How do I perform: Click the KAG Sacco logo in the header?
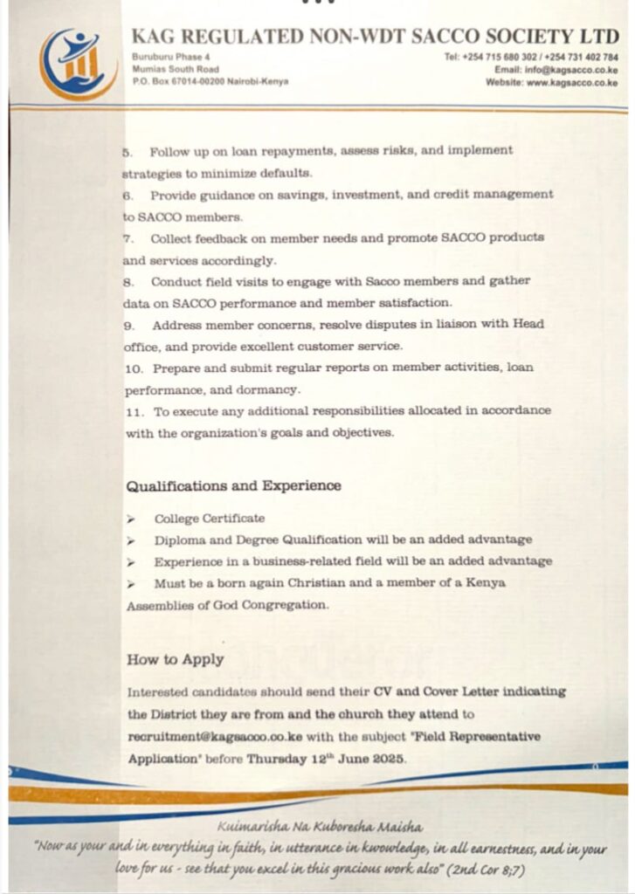point(77,63)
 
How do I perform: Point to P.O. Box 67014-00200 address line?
point(210,81)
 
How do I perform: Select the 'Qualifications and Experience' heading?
point(233,485)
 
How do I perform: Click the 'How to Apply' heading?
point(175,660)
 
